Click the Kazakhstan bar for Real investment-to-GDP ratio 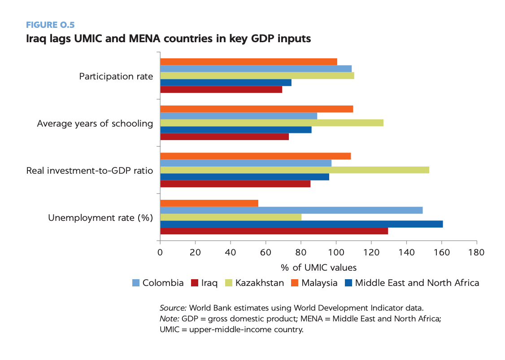pos(294,170)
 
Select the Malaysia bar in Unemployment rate pos(209,203)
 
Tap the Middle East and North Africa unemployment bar pos(301,224)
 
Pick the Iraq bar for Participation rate pos(221,89)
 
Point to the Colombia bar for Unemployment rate pos(291,210)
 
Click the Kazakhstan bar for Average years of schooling pos(271,123)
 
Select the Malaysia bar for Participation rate pos(248,62)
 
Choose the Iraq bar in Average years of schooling pos(224,136)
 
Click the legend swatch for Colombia pos(136,283)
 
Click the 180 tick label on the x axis pos(476,252)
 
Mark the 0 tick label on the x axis pos(160,252)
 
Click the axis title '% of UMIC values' pos(318,268)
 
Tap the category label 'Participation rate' pos(116,76)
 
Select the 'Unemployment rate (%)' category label pos(100,218)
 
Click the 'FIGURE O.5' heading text pos(49,25)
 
